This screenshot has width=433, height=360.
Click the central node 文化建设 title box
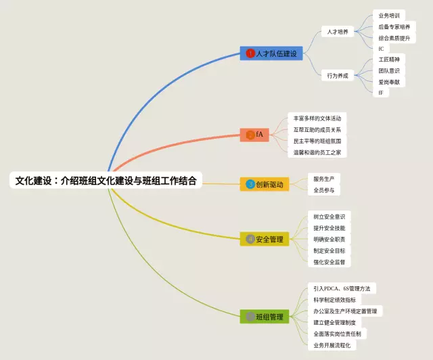pyautogui.click(x=106, y=181)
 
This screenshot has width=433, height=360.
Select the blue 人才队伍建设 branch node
pyautogui.click(x=271, y=53)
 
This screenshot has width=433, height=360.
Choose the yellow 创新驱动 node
pyautogui.click(x=265, y=184)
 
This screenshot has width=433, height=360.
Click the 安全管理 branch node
pyautogui.click(x=265, y=239)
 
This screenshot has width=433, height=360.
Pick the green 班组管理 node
pyautogui.click(x=265, y=316)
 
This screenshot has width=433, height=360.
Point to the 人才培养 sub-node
pyautogui.click(x=337, y=32)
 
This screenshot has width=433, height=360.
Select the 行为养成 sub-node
pyautogui.click(x=337, y=76)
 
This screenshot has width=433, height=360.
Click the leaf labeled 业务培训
pyautogui.click(x=389, y=15)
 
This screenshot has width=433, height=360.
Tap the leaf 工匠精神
pyautogui.click(x=389, y=60)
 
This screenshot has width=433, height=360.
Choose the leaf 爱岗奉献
pyautogui.click(x=389, y=81)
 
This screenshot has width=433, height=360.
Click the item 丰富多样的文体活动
pyautogui.click(x=317, y=118)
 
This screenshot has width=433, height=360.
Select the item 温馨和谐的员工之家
pyautogui.click(x=317, y=152)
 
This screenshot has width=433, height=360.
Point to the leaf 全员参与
pyautogui.click(x=323, y=190)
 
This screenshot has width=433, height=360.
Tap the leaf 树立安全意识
pyautogui.click(x=329, y=217)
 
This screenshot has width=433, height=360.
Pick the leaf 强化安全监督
pyautogui.click(x=329, y=261)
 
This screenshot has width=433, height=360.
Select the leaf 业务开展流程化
pyautogui.click(x=332, y=345)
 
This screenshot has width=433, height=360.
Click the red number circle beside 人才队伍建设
pyautogui.click(x=250, y=53)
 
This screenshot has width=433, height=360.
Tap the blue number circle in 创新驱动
pyautogui.click(x=250, y=184)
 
